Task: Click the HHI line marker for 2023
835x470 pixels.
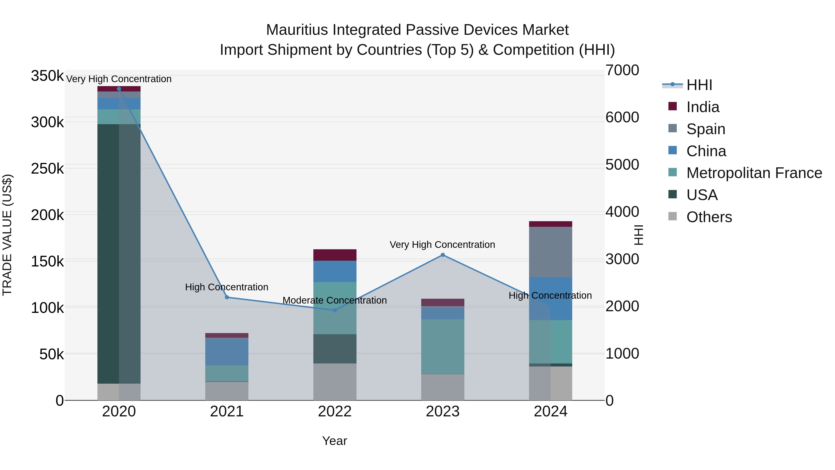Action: [x=443, y=255]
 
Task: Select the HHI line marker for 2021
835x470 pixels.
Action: [x=227, y=298]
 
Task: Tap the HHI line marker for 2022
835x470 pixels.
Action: [x=335, y=310]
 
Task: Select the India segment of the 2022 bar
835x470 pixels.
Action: [x=335, y=255]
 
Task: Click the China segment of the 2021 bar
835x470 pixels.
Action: [x=227, y=352]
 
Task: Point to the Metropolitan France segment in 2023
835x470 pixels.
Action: [x=443, y=347]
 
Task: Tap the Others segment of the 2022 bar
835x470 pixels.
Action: [x=335, y=382]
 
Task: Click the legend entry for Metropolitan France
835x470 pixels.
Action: [x=754, y=173]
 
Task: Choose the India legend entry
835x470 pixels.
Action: [x=703, y=107]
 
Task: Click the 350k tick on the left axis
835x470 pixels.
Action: [x=47, y=76]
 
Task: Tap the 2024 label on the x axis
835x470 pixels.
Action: [x=550, y=412]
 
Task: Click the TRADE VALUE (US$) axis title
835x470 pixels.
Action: [x=7, y=235]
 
